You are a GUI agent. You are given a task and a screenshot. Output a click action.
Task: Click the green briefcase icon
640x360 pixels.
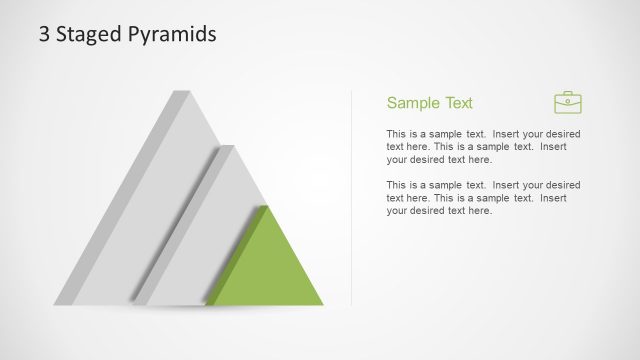pyautogui.click(x=568, y=102)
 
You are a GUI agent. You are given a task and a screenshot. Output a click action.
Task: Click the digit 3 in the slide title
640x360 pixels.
pyautogui.click(x=44, y=34)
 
